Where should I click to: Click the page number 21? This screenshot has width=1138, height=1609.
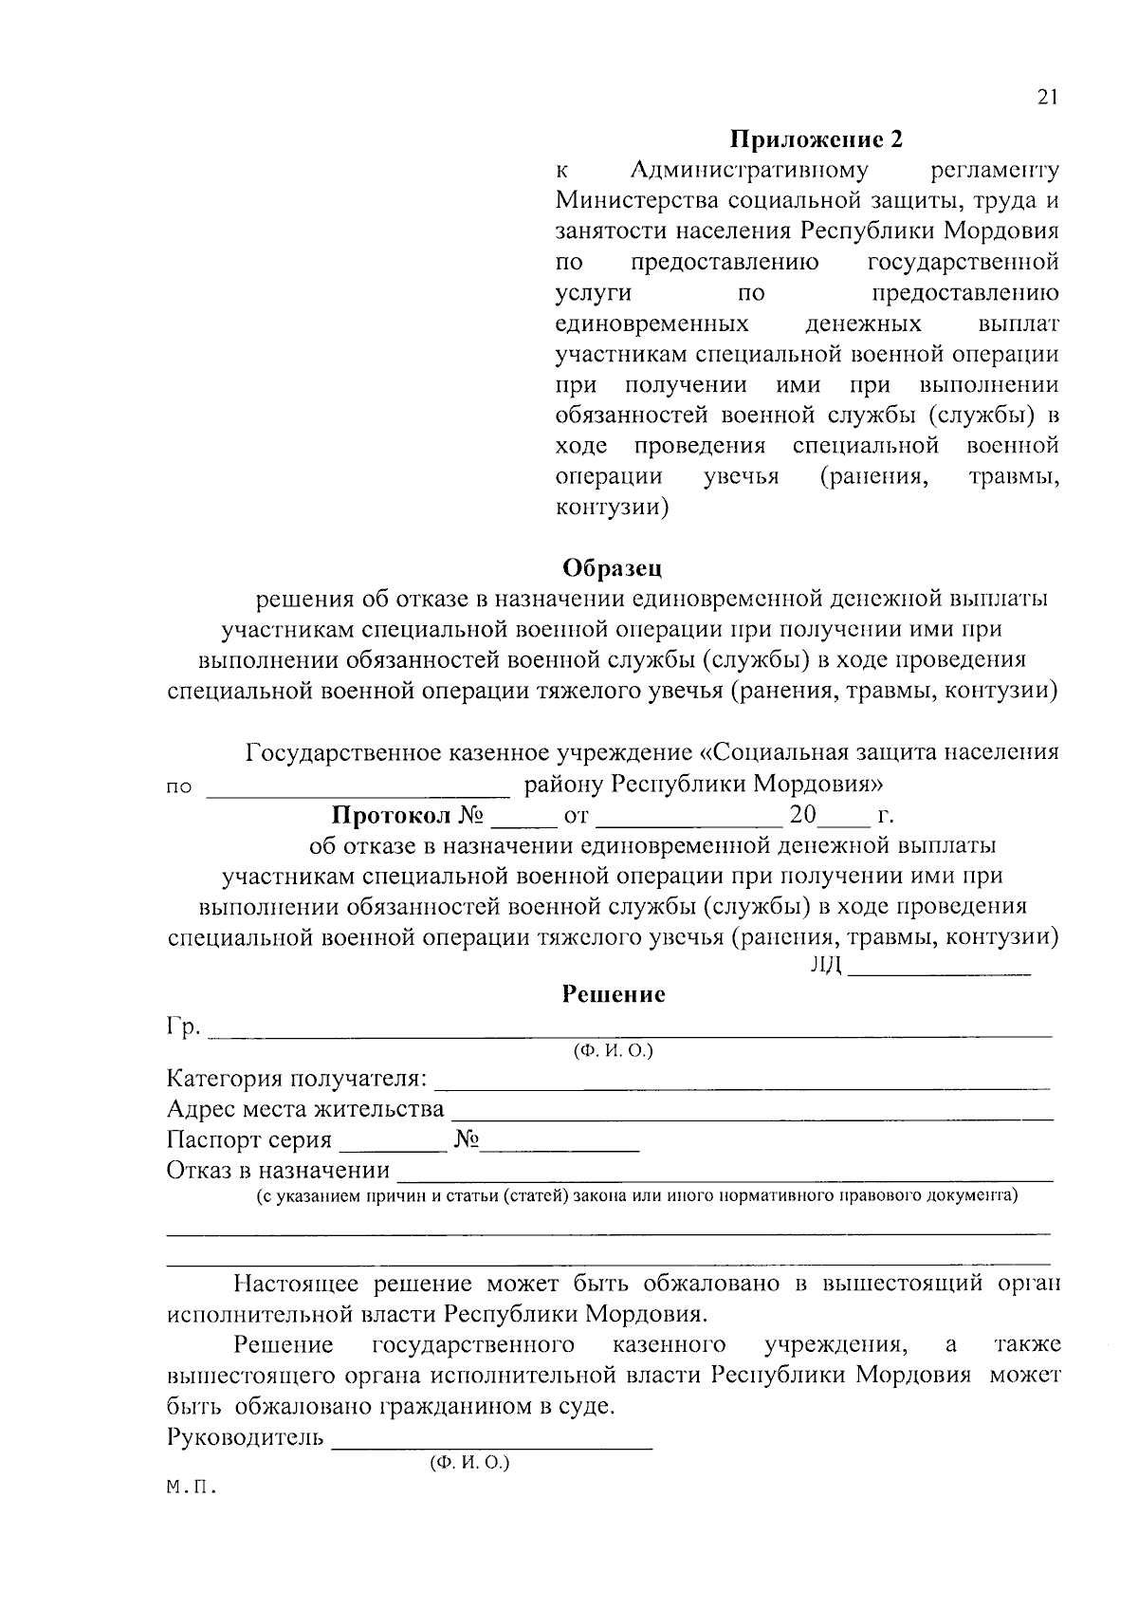(1047, 97)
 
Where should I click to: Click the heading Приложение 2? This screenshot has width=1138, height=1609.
(817, 140)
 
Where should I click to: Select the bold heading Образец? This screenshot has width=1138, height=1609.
(612, 567)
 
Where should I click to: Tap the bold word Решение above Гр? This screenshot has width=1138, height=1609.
(613, 994)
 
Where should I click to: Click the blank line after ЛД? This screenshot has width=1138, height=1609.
(939, 971)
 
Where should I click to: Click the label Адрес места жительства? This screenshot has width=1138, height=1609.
(304, 1109)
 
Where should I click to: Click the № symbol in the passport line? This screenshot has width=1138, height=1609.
(466, 1139)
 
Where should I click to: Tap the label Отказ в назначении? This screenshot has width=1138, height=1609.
(278, 1171)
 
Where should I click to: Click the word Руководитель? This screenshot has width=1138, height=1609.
(246, 1437)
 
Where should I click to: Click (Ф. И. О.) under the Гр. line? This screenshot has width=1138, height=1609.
(612, 1051)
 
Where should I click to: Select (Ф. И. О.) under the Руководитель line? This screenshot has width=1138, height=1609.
(469, 1464)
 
